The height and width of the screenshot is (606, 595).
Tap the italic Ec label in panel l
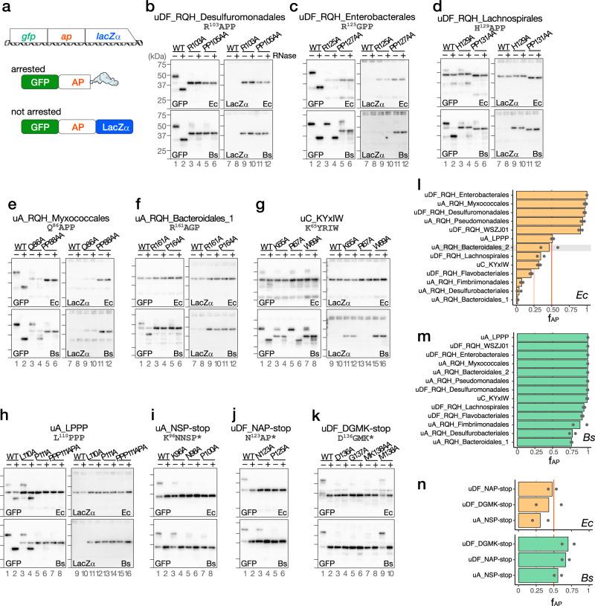pyautogui.click(x=582, y=315)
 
